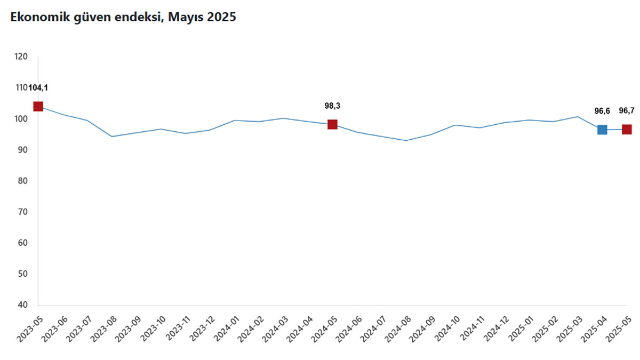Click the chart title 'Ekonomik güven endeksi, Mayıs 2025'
coord(120,17)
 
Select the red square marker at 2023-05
coord(38,107)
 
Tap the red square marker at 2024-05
coord(332,124)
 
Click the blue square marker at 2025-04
coord(602,130)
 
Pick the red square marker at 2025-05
coord(627,130)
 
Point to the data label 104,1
coord(42,88)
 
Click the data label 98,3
coord(332,106)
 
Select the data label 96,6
coord(602,111)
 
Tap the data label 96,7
coord(627,111)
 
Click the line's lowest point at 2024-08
coord(406,141)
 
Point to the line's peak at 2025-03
coord(578,116)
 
